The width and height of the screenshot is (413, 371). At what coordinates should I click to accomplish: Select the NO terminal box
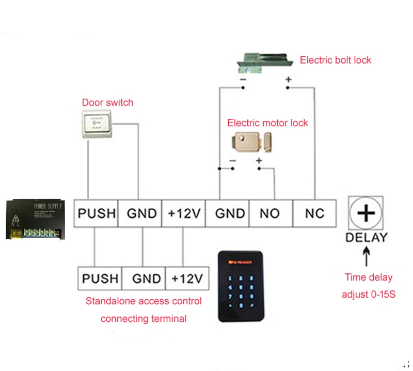270,213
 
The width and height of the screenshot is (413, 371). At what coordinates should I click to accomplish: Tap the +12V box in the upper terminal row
183,213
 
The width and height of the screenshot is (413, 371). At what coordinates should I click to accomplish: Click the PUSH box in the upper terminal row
96,213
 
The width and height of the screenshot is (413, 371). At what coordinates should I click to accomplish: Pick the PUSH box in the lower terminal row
100,279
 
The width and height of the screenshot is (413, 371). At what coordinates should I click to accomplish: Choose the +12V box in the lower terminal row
187,279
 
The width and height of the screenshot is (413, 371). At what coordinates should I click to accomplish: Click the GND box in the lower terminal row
147,279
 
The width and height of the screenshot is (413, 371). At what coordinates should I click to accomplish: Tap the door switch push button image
98,125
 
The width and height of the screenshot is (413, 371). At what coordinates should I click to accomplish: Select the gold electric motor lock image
252,142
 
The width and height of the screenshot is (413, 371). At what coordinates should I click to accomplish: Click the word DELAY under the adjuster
366,238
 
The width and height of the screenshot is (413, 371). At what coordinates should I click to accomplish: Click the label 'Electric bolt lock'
336,60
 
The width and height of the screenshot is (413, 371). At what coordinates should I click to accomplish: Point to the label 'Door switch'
107,102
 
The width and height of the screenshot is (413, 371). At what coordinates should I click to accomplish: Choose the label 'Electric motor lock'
267,123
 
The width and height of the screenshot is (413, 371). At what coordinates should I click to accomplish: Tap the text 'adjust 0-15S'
369,295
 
